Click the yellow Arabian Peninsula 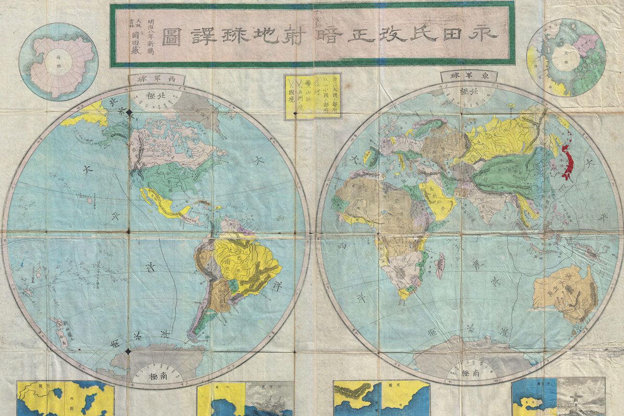click(436, 199)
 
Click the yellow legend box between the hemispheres click(312, 96)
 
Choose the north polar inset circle click(565, 58)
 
